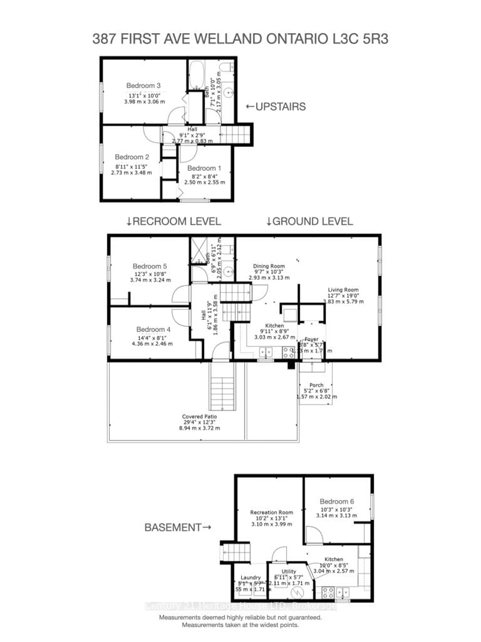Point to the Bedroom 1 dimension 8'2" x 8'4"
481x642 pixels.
click(204, 176)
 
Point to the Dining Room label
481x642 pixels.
click(269, 266)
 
